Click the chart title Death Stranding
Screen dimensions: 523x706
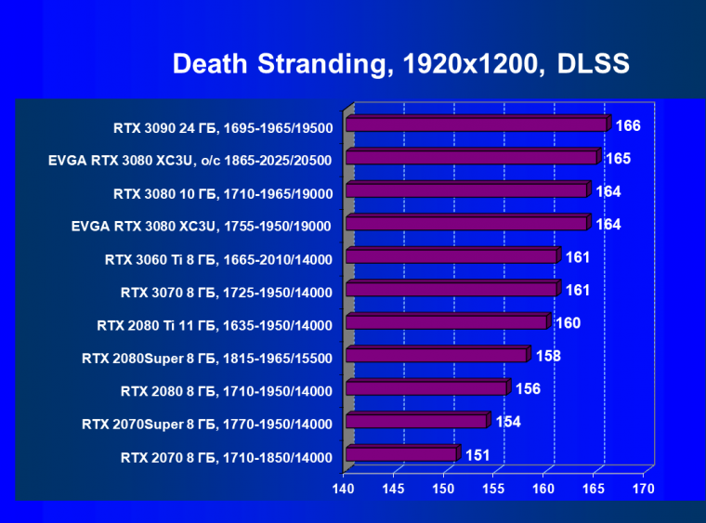(401, 64)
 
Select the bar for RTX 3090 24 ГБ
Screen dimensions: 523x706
(477, 124)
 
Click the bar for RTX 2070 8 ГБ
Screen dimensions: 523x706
(401, 454)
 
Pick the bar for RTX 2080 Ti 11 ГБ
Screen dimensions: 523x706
(446, 322)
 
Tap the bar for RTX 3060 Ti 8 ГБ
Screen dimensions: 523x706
(451, 256)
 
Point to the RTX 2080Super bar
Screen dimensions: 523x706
(436, 355)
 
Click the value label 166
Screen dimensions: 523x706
(629, 125)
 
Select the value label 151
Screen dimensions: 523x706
(477, 455)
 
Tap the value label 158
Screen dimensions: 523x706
(548, 356)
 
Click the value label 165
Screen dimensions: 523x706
(618, 159)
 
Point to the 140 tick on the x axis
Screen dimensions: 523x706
(345, 489)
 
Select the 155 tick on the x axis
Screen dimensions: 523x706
(493, 489)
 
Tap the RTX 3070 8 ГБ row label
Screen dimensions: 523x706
(226, 293)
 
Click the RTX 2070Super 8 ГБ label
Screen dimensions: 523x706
(206, 425)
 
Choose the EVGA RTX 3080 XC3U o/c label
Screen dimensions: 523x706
(190, 161)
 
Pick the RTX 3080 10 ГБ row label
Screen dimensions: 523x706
(222, 193)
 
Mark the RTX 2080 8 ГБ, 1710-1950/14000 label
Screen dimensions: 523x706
(226, 391)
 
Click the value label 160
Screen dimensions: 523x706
(569, 323)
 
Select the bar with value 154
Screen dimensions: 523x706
(416, 421)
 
